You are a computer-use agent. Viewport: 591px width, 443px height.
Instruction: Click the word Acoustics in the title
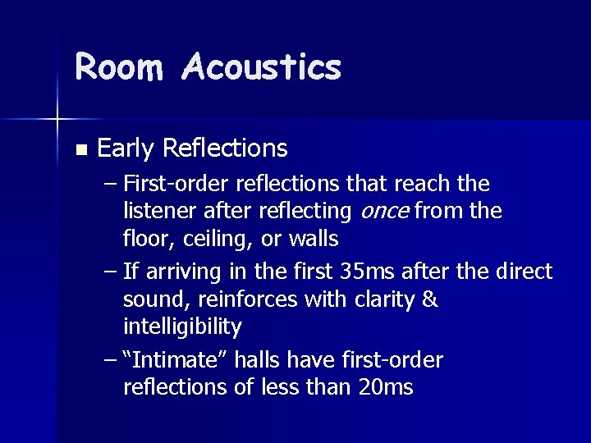[x=262, y=66]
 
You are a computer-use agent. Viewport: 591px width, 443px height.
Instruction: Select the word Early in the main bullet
[x=126, y=148]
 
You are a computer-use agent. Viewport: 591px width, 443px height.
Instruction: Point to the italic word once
[x=385, y=212]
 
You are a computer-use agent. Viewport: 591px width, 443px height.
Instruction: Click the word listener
[x=159, y=212]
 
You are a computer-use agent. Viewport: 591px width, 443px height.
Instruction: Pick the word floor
[x=144, y=240]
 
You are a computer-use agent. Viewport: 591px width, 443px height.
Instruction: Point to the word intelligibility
[x=182, y=328]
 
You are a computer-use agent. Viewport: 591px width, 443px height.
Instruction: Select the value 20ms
[x=386, y=387]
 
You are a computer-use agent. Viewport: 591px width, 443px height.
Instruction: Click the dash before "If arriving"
[x=110, y=272]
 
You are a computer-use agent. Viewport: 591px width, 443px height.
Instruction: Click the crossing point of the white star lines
[x=57, y=120]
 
